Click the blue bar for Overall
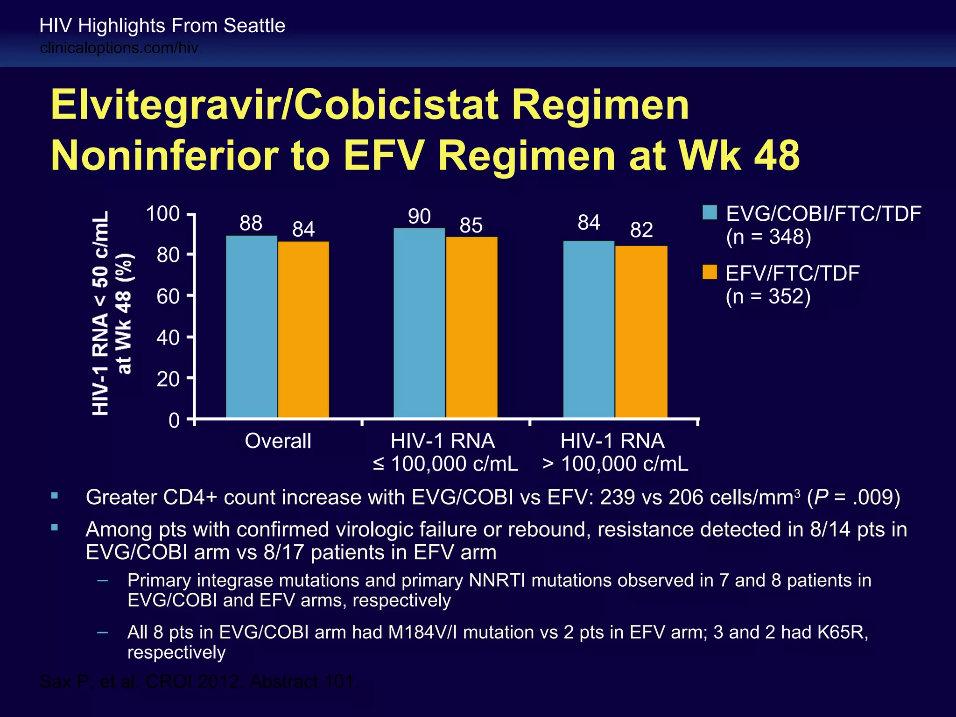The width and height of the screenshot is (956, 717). [x=252, y=327]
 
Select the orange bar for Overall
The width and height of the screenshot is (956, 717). [x=303, y=330]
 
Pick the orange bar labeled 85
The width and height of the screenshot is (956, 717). [x=471, y=327]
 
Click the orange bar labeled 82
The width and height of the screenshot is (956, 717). [x=641, y=331]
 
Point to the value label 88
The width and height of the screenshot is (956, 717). [x=251, y=224]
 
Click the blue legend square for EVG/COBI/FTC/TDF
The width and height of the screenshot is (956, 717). [x=710, y=213]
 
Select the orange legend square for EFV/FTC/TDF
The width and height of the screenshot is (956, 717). [x=710, y=272]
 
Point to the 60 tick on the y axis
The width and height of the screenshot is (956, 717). [x=168, y=296]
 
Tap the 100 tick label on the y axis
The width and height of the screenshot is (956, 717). [x=163, y=214]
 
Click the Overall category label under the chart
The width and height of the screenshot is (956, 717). [x=278, y=441]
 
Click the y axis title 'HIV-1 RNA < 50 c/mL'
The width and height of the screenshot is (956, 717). [x=101, y=313]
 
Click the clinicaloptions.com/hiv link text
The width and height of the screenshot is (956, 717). [x=119, y=48]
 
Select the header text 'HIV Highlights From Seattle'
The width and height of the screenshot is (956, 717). [x=162, y=26]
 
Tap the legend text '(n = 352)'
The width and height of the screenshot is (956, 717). [x=768, y=296]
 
